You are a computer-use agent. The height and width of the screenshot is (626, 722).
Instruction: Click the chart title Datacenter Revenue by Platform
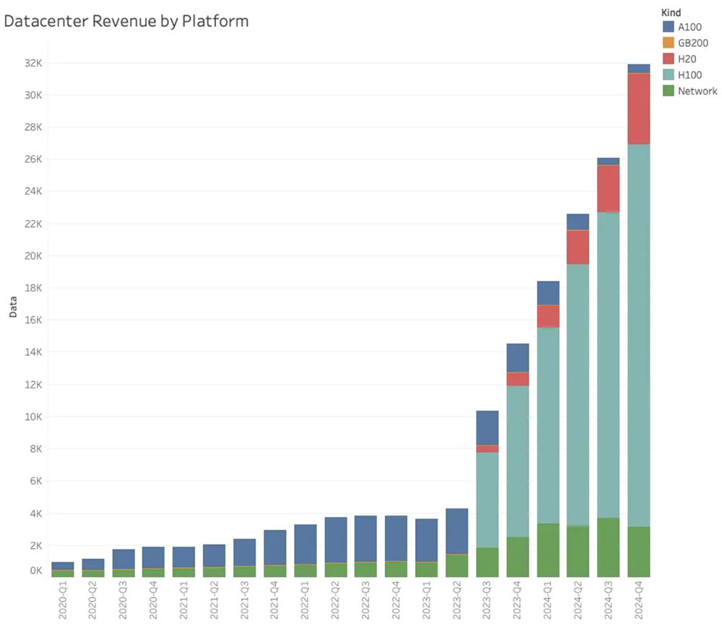pos(126,21)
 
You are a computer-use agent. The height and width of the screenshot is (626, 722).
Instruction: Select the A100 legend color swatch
pos(669,27)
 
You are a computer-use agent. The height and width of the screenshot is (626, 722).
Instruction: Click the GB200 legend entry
pos(692,43)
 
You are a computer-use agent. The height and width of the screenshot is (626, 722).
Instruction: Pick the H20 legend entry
pos(686,58)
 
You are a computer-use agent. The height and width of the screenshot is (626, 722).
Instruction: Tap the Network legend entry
pos(696,91)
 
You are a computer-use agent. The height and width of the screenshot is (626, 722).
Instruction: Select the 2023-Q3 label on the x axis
pos(487,602)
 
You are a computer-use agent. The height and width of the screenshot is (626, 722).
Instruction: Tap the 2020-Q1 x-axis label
pos(63,602)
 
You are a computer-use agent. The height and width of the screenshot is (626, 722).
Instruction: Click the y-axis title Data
pos(12,310)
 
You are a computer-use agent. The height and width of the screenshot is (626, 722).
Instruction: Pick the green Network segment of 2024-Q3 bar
pos(609,547)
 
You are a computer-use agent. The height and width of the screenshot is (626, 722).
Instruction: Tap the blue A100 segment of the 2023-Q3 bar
pos(487,427)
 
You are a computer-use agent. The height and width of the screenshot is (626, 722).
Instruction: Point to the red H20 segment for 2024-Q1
pos(548,316)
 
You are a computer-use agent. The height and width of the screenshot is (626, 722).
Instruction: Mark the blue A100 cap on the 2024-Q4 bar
pos(639,69)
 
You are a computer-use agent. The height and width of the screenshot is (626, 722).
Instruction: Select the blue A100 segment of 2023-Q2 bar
pos(457,531)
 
